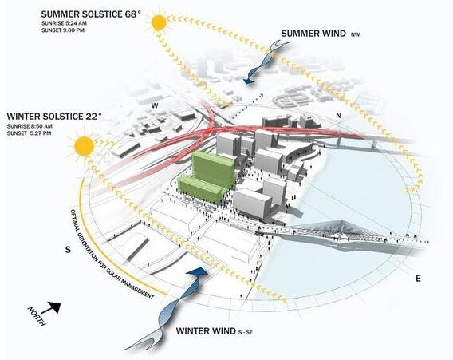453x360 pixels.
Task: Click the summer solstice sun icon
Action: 160,23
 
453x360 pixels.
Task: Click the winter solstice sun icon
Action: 84,146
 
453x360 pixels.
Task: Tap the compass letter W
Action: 156,106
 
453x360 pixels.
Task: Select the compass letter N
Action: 338,116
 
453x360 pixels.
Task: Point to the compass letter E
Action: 418,279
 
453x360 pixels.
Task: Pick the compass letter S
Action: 68,250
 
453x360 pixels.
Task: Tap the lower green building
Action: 201,190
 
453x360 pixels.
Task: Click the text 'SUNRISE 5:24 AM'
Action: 64,23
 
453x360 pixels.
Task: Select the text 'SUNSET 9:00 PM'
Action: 63,30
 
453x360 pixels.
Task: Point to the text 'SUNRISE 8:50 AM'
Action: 30,126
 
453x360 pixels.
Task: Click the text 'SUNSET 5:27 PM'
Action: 30,133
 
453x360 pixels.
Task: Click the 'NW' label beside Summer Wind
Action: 356,34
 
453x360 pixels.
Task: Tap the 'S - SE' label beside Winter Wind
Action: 246,333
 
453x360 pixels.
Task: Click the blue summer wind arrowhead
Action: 249,81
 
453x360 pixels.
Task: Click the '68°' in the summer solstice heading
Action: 132,14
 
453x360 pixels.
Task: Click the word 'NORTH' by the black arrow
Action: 37,316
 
